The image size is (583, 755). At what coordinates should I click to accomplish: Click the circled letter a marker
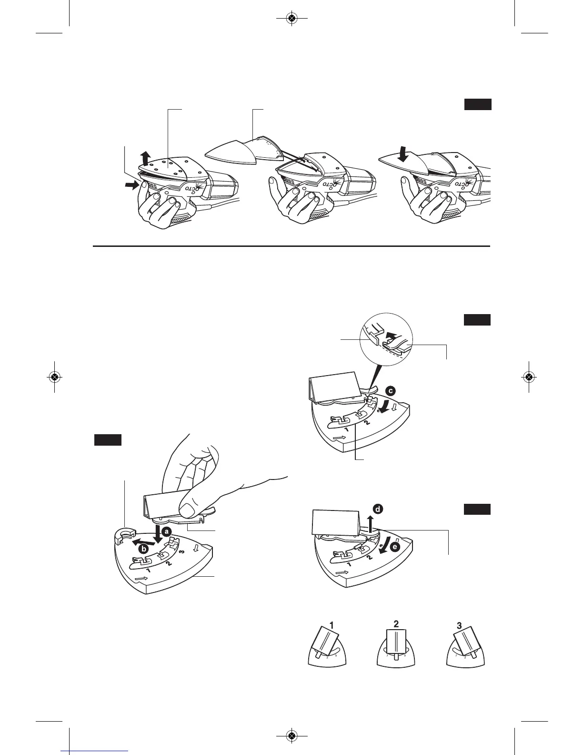point(167,530)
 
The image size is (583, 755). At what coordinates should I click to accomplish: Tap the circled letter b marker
point(142,549)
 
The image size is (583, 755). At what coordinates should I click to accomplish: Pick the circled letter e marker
point(394,548)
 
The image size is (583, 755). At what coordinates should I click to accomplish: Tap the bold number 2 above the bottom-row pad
point(396,623)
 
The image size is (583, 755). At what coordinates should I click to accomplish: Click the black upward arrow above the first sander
point(146,156)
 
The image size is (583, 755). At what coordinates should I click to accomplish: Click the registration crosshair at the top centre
point(291,19)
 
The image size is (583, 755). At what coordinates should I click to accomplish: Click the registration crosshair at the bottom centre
point(291,736)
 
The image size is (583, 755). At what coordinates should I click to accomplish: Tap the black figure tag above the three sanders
point(478,105)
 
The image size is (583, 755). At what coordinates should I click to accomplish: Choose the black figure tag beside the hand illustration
point(108,439)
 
